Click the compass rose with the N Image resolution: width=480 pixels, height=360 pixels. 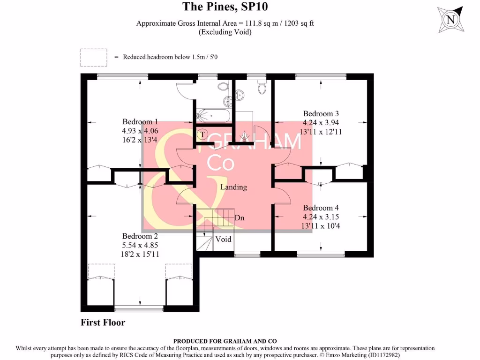[x=450, y=20]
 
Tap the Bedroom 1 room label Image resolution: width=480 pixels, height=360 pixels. [x=140, y=121]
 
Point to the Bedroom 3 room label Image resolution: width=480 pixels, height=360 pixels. [x=321, y=113]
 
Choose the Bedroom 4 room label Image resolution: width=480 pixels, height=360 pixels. [x=321, y=208]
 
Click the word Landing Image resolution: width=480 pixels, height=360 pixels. [x=233, y=187]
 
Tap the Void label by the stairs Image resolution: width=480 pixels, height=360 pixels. [x=223, y=239]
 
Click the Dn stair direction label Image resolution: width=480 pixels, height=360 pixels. [x=240, y=218]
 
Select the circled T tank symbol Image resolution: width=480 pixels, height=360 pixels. [x=202, y=134]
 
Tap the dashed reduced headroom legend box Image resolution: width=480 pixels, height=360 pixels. [x=94, y=57]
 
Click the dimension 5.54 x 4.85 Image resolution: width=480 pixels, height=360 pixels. [x=140, y=245]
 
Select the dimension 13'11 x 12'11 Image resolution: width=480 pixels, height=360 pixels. [x=321, y=132]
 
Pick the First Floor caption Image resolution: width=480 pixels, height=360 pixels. [x=103, y=322]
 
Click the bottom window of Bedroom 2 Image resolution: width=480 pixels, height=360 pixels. [x=139, y=308]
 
